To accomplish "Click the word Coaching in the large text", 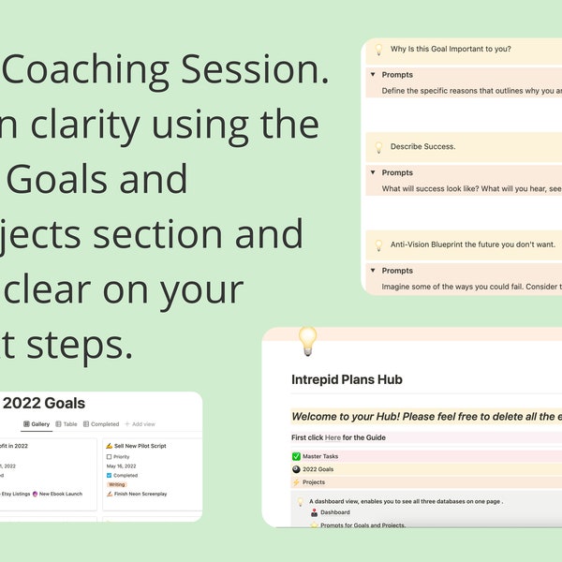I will (106, 70).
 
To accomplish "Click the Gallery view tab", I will (36, 424).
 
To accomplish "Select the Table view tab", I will (68, 424).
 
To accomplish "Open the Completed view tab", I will (101, 424).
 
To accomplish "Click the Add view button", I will (141, 424).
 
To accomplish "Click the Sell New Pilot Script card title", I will (140, 446).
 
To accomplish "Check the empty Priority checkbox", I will (110, 457).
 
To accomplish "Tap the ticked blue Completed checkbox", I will (110, 475).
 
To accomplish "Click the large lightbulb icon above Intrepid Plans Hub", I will (307, 342).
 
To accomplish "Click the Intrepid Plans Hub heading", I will (347, 380).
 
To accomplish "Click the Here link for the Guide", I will (333, 437).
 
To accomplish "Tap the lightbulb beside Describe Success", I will (378, 147).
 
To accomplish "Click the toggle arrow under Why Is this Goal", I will (373, 75).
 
